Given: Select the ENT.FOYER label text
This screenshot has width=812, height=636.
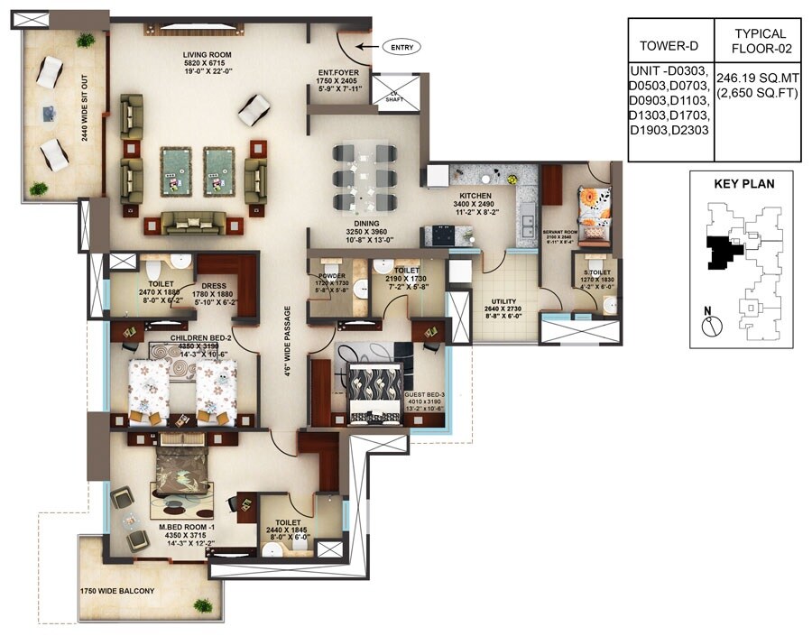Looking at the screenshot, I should point(338,72).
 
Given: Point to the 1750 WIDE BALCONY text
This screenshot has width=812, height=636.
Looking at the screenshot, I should point(117,591).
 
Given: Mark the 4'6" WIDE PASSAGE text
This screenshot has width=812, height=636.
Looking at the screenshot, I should point(288,346).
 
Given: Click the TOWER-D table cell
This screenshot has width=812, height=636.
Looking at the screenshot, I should point(668,45).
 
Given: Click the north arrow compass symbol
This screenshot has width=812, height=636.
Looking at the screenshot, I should point(709,327).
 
